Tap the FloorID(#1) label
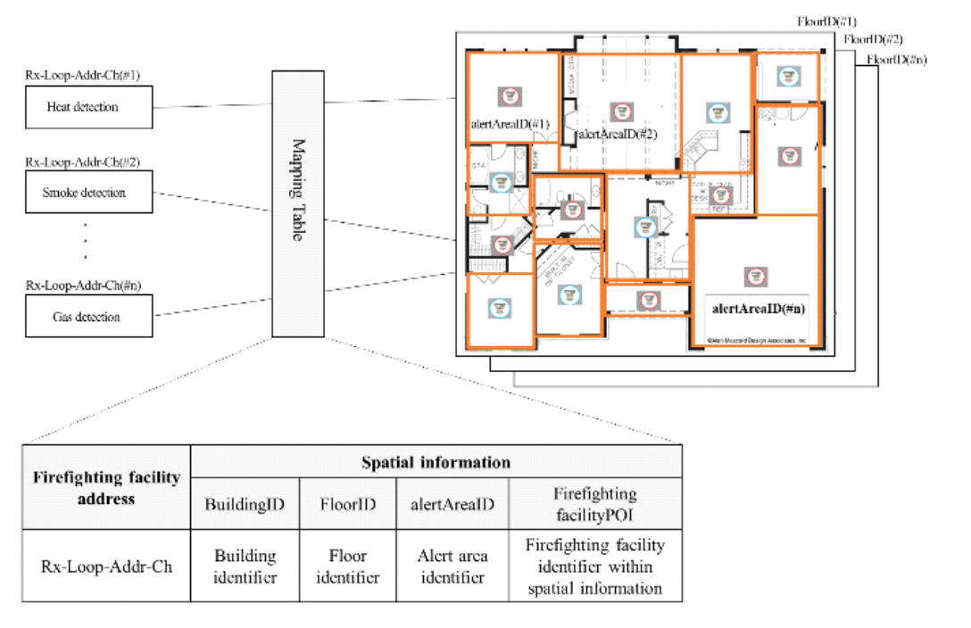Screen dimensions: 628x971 (827, 21)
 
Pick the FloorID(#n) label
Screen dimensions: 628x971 (896, 60)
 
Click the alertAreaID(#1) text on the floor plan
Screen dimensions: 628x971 (510, 124)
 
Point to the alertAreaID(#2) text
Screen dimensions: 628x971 (617, 135)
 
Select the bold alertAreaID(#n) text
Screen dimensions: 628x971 (759, 309)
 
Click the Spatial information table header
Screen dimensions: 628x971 (436, 462)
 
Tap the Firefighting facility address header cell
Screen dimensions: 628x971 (106, 488)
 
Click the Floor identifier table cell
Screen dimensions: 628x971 (347, 566)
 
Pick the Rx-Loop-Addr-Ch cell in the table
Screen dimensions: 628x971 (106, 566)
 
